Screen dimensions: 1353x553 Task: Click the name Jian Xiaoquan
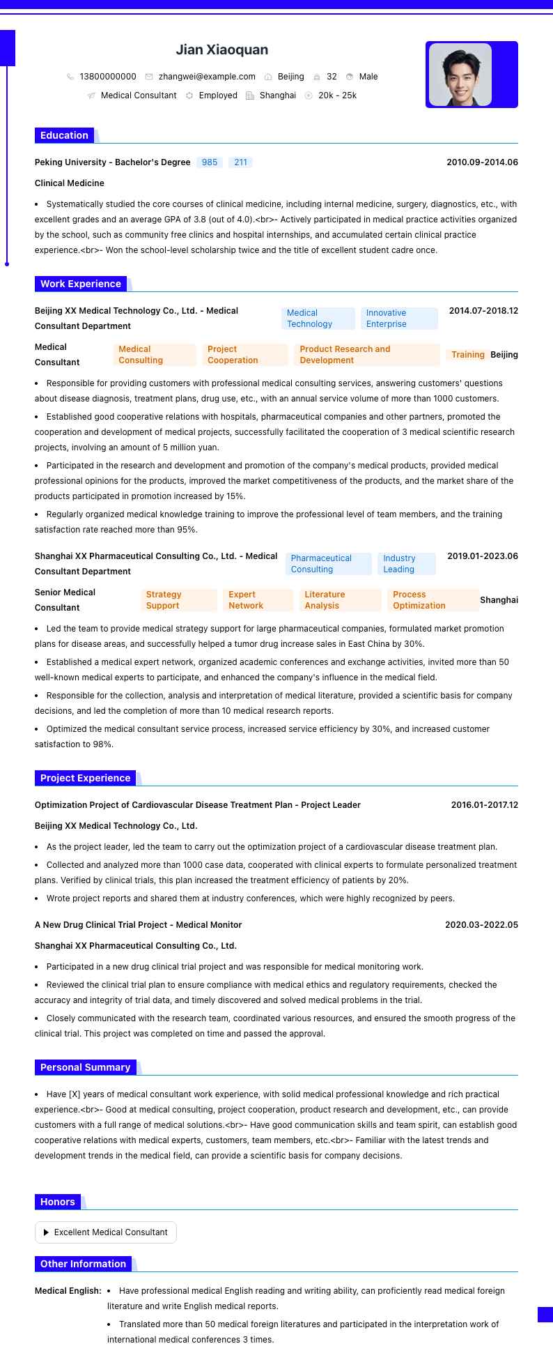(x=221, y=49)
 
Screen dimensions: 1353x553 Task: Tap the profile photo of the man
(x=460, y=75)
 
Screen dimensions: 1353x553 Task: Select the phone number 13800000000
(x=108, y=77)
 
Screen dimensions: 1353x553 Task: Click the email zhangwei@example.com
(x=207, y=77)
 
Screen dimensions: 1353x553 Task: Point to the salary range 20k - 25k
(x=337, y=95)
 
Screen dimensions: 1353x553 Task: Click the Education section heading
(x=64, y=135)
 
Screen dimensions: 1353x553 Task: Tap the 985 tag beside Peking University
(x=210, y=162)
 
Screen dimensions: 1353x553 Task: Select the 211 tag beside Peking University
(x=241, y=162)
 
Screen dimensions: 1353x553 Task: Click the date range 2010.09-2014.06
(x=482, y=162)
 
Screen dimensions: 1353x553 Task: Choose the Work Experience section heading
(x=81, y=284)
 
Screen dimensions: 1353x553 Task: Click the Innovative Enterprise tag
(x=398, y=319)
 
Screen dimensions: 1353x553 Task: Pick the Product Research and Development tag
(x=366, y=355)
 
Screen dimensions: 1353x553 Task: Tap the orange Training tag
(x=467, y=355)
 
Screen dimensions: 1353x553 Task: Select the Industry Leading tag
(x=407, y=564)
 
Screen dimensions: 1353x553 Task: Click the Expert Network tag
(x=257, y=600)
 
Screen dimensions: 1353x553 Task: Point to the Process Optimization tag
(x=435, y=600)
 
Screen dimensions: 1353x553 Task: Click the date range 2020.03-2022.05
(x=481, y=925)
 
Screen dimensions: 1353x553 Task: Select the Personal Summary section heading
(x=85, y=1067)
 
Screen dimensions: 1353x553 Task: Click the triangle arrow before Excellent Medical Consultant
(x=46, y=1232)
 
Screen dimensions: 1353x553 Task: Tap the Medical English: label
(x=68, y=1291)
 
